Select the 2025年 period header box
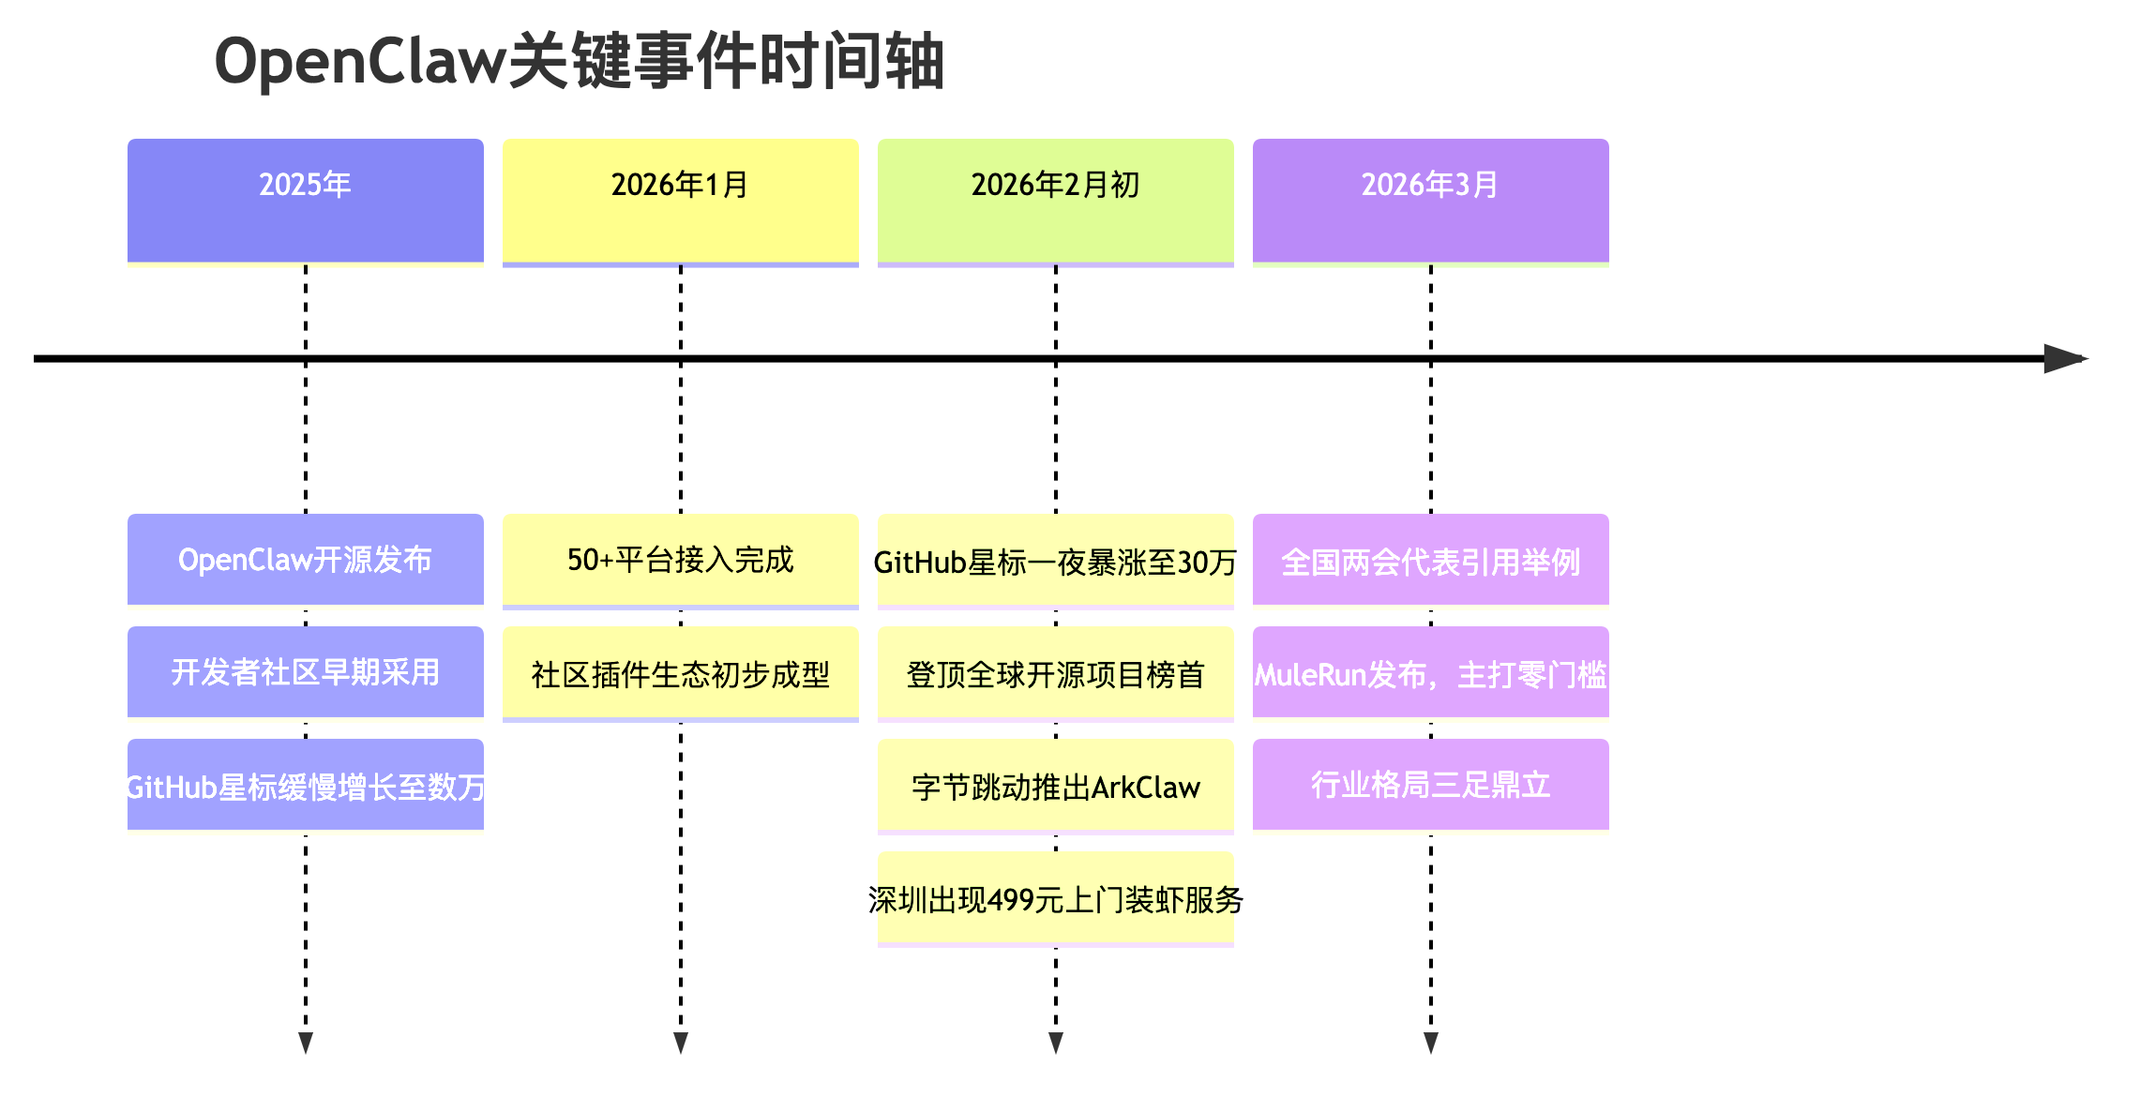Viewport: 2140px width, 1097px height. [x=306, y=201]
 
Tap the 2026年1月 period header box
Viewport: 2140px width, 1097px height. [x=681, y=201]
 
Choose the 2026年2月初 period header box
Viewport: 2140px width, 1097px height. [x=1056, y=201]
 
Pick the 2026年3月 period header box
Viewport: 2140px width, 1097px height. [x=1431, y=201]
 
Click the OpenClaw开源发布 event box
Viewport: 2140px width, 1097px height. [x=306, y=560]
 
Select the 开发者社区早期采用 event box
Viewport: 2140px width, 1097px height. [x=306, y=672]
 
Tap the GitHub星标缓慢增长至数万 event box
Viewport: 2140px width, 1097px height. [x=306, y=785]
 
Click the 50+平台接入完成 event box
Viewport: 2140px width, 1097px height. [x=681, y=560]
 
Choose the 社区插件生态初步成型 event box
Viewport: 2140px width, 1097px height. [x=681, y=672]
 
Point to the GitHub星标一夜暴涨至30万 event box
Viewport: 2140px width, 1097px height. [x=1056, y=560]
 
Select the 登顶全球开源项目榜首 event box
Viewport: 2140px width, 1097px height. [x=1056, y=672]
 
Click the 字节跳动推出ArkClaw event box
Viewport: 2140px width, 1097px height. [x=1056, y=785]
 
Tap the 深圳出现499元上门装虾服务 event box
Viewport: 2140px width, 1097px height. [x=1056, y=897]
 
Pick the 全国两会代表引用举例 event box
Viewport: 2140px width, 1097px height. [x=1431, y=560]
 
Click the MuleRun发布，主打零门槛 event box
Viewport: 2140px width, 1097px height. [x=1431, y=672]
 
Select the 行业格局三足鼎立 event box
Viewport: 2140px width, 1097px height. [x=1431, y=785]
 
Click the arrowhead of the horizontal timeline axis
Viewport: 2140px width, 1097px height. [x=2065, y=358]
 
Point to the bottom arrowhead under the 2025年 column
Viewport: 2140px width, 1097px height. [x=306, y=1043]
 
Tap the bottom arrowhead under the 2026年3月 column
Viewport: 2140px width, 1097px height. [x=1431, y=1043]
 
